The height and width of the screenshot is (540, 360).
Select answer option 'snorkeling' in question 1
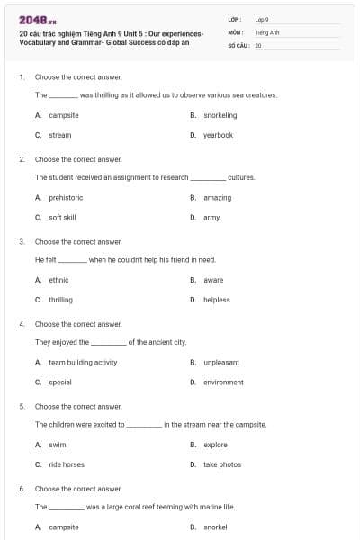[220, 115]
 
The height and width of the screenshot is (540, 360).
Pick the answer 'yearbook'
[218, 135]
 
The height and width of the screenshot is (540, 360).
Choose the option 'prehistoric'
[66, 197]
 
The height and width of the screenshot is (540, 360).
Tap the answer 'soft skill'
[62, 217]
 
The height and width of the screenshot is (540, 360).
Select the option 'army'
[211, 217]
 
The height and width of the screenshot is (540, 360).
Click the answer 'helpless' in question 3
[216, 300]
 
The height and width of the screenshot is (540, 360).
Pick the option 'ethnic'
[58, 280]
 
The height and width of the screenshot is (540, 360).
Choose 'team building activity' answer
[83, 362]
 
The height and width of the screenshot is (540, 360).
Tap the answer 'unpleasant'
[220, 362]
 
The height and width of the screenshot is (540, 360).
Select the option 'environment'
[223, 382]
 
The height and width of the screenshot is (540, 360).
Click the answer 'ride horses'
[67, 464]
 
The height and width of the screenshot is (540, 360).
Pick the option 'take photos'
[221, 464]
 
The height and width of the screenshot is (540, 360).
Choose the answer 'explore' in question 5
[215, 445]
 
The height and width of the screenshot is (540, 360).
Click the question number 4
[22, 322]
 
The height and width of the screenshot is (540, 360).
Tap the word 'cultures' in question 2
[241, 177]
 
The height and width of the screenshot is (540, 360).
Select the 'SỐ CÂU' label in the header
[238, 44]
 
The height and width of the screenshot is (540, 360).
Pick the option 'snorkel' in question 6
[215, 526]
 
